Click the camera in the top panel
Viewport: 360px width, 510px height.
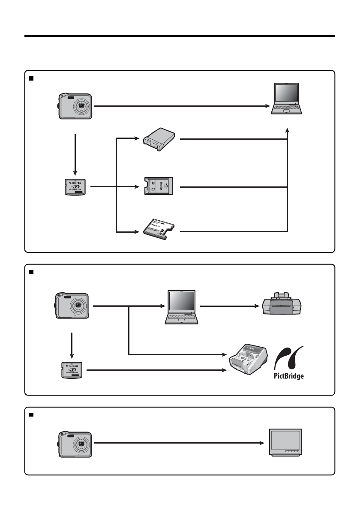(x=75, y=106)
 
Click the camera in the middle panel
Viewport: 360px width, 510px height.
(x=72, y=306)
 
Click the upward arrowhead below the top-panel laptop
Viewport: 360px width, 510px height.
(x=287, y=129)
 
